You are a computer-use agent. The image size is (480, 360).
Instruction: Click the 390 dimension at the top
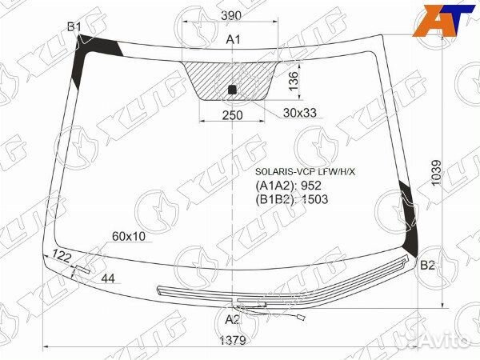(231, 17)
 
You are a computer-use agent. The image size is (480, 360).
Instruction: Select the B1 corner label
(74, 28)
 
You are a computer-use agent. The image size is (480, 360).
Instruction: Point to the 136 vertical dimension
(293, 81)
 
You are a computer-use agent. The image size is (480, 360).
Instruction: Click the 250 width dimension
(232, 114)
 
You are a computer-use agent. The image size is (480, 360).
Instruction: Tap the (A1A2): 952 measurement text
(287, 186)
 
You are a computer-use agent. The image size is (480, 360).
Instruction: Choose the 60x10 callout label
(129, 236)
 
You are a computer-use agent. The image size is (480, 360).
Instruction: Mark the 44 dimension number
(109, 278)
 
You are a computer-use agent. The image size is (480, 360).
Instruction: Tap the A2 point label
(232, 319)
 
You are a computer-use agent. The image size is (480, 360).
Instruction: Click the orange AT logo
(439, 22)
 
